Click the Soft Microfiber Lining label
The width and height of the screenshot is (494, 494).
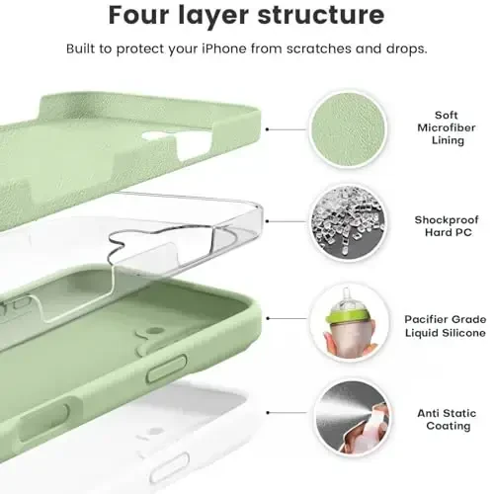tap(439, 128)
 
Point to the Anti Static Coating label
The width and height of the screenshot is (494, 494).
tap(439, 420)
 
